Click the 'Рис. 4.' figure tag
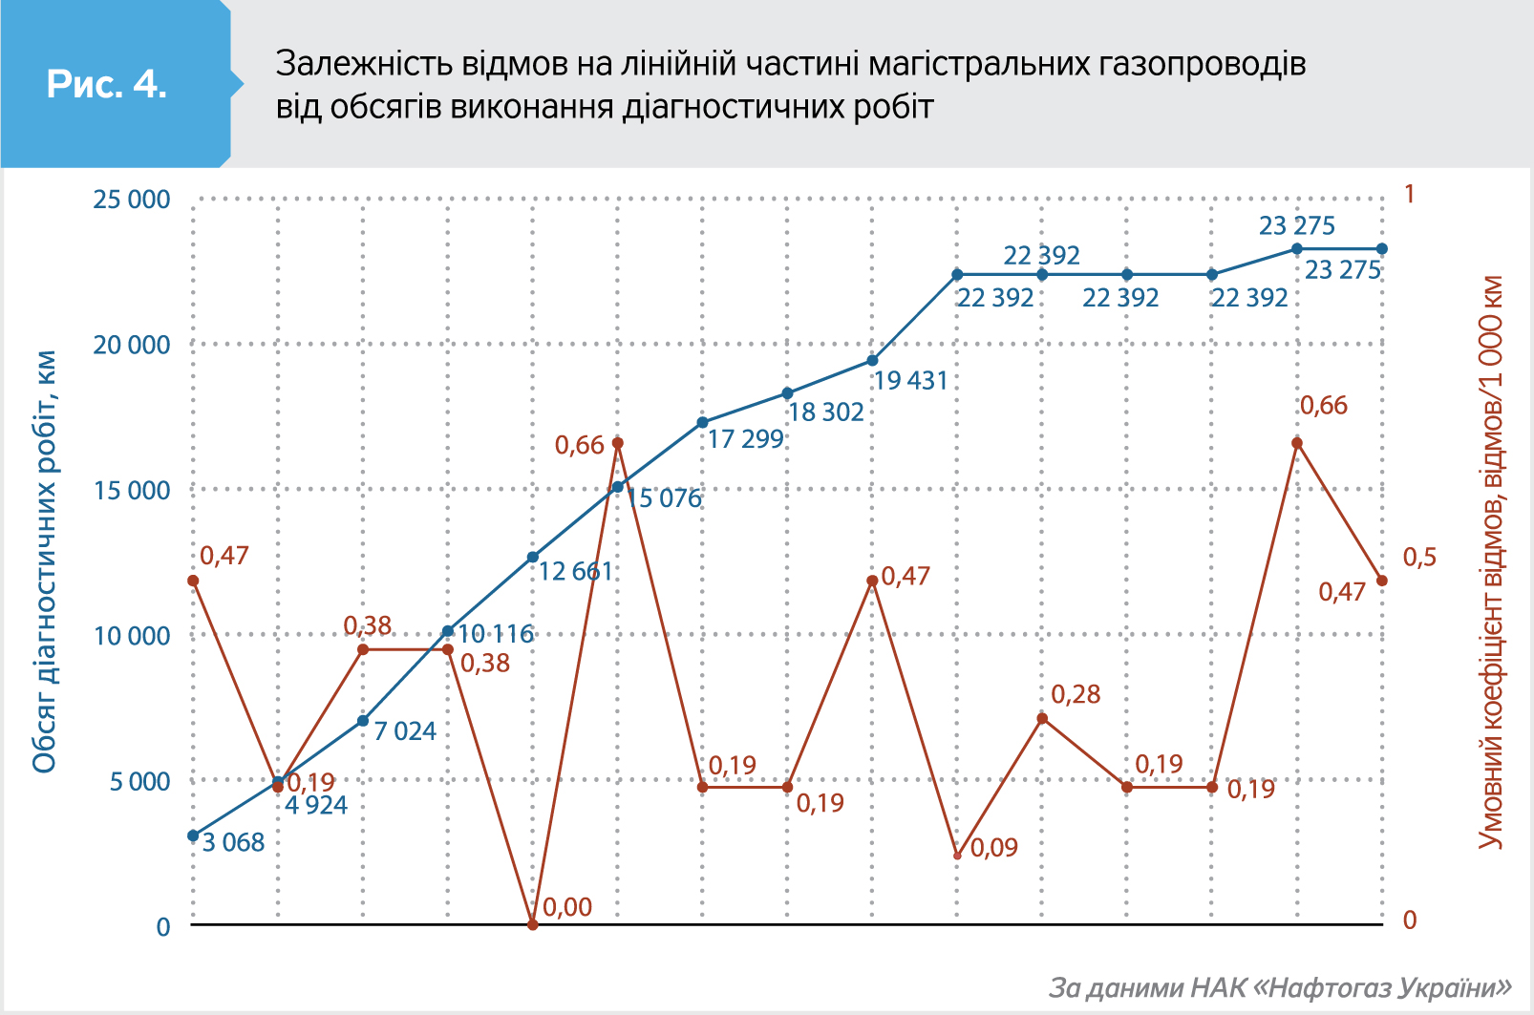(x=107, y=84)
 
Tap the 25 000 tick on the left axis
(x=131, y=200)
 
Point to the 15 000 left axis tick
(x=131, y=491)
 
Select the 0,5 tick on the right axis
(x=1418, y=558)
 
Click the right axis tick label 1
(x=1409, y=195)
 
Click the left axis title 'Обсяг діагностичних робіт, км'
(x=45, y=561)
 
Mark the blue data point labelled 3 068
(x=193, y=835)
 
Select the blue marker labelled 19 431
(x=872, y=360)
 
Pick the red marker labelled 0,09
(x=957, y=856)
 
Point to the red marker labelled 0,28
(x=1042, y=718)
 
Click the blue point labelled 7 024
(x=363, y=721)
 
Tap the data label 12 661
(x=575, y=571)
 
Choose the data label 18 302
(x=826, y=412)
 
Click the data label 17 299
(x=745, y=439)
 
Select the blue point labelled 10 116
(x=448, y=631)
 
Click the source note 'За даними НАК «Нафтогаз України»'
(x=1280, y=987)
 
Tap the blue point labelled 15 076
(x=618, y=487)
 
